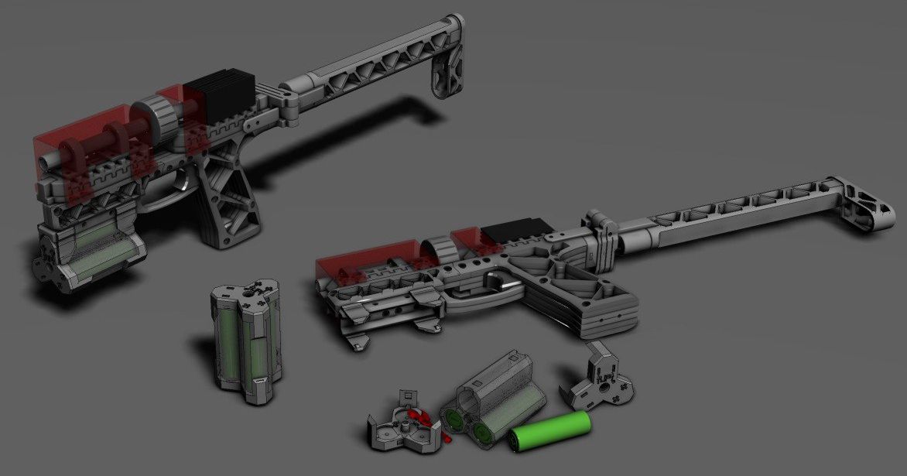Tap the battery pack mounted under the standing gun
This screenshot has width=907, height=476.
pos(97,252)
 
